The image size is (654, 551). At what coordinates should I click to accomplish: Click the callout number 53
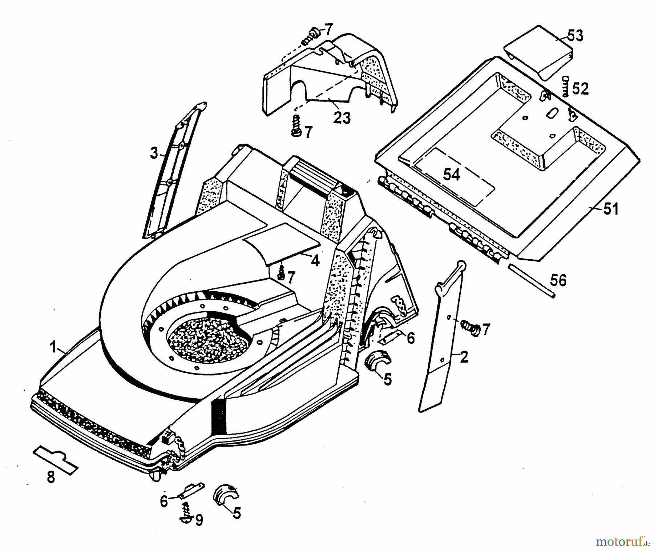click(574, 36)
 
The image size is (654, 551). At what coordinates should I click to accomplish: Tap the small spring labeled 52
click(565, 87)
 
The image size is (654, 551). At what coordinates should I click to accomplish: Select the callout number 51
click(610, 209)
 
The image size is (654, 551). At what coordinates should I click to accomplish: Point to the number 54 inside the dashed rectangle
click(452, 175)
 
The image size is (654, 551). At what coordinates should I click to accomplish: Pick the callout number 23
click(342, 118)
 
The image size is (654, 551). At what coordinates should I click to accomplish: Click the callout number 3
click(154, 153)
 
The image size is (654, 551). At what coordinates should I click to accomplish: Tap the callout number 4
click(315, 260)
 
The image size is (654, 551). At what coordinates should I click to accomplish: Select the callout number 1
click(53, 348)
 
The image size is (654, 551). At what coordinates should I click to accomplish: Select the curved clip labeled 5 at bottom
click(226, 495)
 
